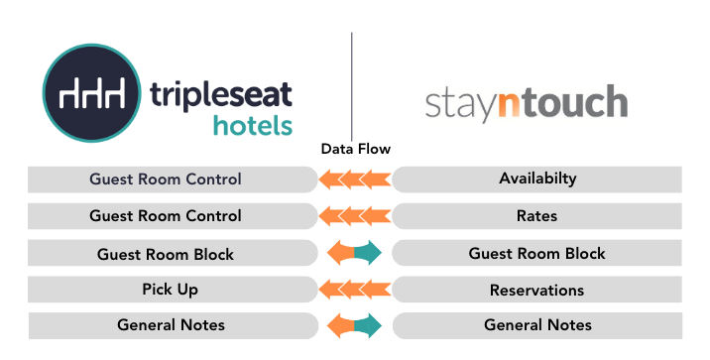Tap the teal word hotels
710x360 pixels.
coord(253,126)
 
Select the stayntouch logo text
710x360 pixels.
coord(526,103)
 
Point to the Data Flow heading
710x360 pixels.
coord(355,149)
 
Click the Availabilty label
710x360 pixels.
coord(537,180)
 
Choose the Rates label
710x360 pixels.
coord(537,215)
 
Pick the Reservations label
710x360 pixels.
coord(537,290)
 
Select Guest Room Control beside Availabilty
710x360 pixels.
coord(166,180)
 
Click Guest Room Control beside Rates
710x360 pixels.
coord(166,215)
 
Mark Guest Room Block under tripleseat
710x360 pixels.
coord(166,254)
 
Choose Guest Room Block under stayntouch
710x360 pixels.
coord(537,254)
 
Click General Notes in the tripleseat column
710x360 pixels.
coord(171,325)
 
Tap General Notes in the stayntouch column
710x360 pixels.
coord(537,325)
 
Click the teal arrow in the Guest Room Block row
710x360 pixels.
coord(369,254)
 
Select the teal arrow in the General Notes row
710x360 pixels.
coord(369,325)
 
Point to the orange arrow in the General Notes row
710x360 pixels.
coord(340,325)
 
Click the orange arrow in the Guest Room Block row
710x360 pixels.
coord(340,254)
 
